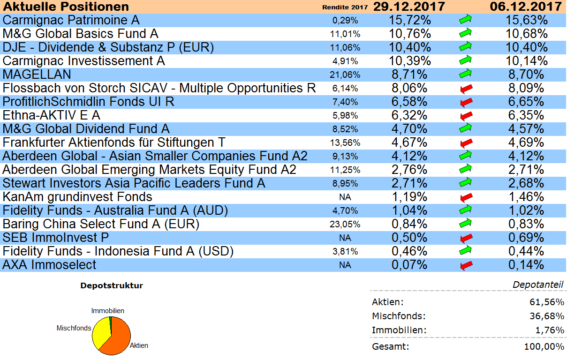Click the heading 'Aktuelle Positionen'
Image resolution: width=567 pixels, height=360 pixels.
pos(66,7)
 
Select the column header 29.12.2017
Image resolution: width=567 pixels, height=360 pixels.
pos(408,7)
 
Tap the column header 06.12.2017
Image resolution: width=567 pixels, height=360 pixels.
pos(526,7)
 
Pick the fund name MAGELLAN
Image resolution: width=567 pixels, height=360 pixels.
pos(37,75)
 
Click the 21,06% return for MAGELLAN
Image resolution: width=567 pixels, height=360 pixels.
pos(346,75)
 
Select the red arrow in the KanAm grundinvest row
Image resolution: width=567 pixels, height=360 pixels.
pos(466,197)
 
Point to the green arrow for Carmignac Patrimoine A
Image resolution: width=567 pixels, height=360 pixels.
pos(466,20)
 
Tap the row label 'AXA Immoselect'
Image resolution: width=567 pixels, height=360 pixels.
pos(49,265)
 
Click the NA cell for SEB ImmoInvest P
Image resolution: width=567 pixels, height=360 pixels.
pos(345,238)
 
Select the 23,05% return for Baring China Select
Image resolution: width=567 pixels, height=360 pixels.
pos(346,225)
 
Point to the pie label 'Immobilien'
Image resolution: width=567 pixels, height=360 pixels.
pos(108,311)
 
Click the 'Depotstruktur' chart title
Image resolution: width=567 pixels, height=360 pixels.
pos(112,285)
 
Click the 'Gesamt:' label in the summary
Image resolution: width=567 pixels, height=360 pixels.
pos(390,347)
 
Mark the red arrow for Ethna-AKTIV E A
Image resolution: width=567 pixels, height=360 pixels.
pos(466,116)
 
